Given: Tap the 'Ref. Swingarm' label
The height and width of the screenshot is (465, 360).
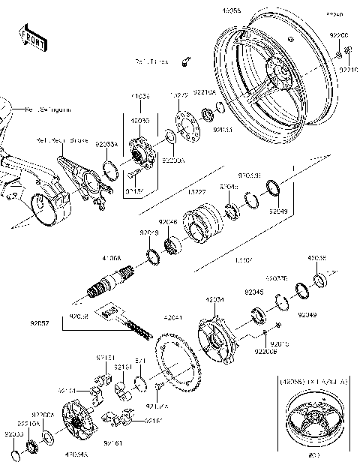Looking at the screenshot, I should (x=48, y=109).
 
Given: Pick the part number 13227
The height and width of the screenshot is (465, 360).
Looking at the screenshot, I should (x=196, y=192).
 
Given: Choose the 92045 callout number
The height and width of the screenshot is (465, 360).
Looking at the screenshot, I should (x=253, y=292).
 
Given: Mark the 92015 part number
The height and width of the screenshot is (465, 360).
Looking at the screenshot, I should (x=279, y=343).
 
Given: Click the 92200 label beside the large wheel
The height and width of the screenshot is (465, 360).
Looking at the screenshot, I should (x=340, y=35).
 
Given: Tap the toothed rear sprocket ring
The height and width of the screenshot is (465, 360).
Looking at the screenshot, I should (x=180, y=367).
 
